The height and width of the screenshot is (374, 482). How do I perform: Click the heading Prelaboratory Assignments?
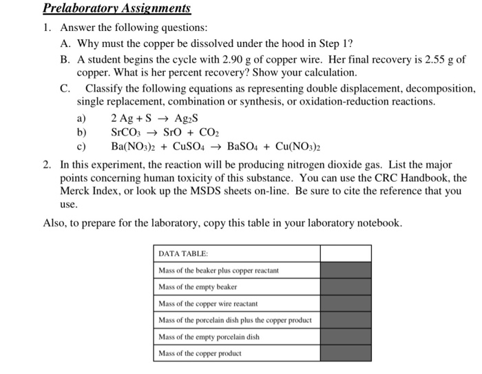coord(116,9)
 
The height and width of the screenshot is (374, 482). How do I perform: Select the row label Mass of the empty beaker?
coord(198,287)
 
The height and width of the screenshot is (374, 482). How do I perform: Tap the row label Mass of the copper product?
coord(200,353)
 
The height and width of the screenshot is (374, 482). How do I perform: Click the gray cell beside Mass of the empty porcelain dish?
coord(346,336)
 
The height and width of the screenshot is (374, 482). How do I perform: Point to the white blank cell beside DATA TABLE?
coord(346,253)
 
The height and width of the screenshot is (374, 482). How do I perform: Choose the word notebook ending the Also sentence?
coord(377,223)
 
